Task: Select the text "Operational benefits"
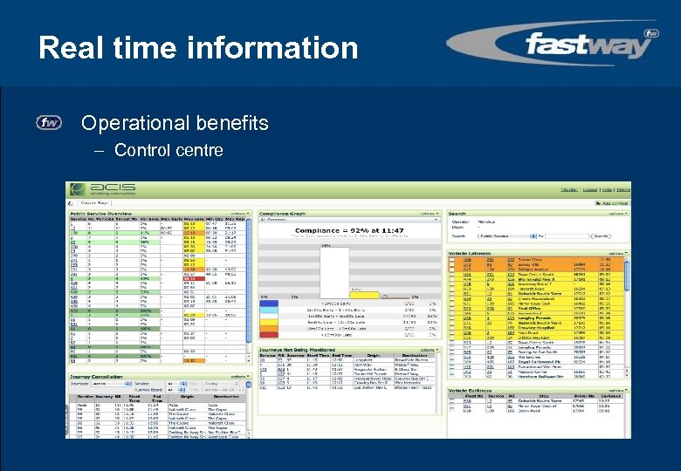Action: click(175, 123)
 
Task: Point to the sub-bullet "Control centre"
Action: click(168, 150)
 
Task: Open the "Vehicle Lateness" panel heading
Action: click(471, 253)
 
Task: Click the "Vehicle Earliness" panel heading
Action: click(472, 390)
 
